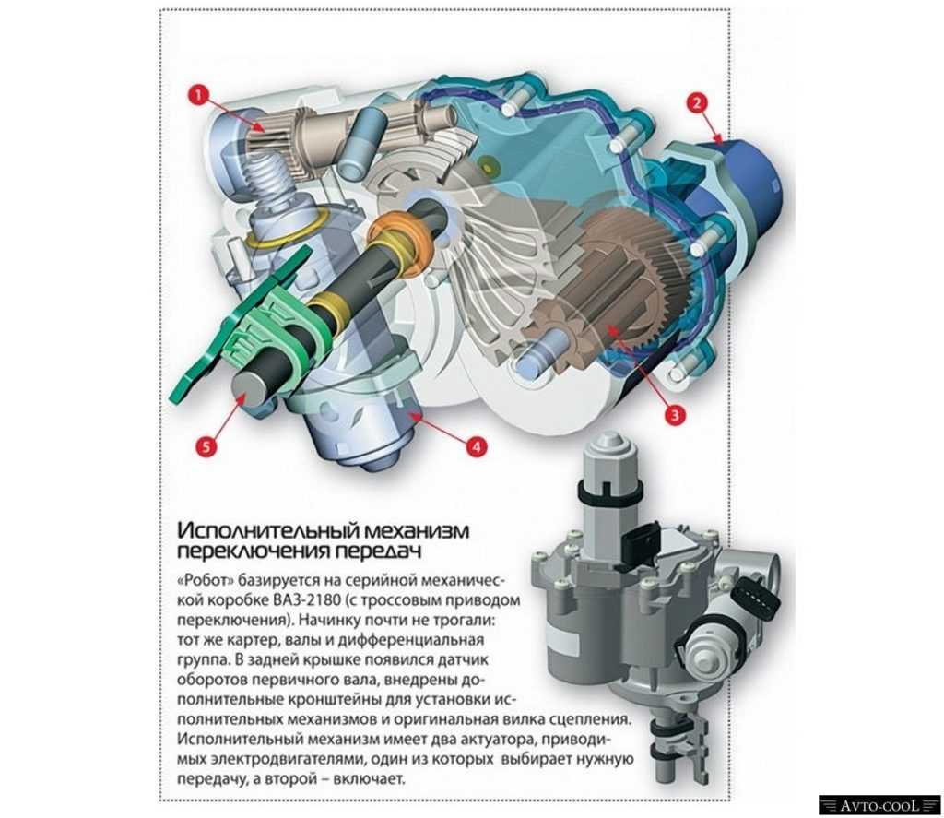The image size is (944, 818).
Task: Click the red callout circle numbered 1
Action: pyautogui.click(x=199, y=95)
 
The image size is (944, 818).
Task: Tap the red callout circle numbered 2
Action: pyautogui.click(x=697, y=102)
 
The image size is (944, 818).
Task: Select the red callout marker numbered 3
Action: pyautogui.click(x=674, y=415)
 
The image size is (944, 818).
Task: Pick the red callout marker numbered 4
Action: pyautogui.click(x=476, y=447)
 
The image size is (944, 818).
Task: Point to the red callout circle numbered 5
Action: pyautogui.click(x=206, y=446)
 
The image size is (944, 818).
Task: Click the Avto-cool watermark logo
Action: pyautogui.click(x=879, y=805)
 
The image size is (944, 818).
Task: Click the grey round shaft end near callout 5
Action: pyautogui.click(x=248, y=392)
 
